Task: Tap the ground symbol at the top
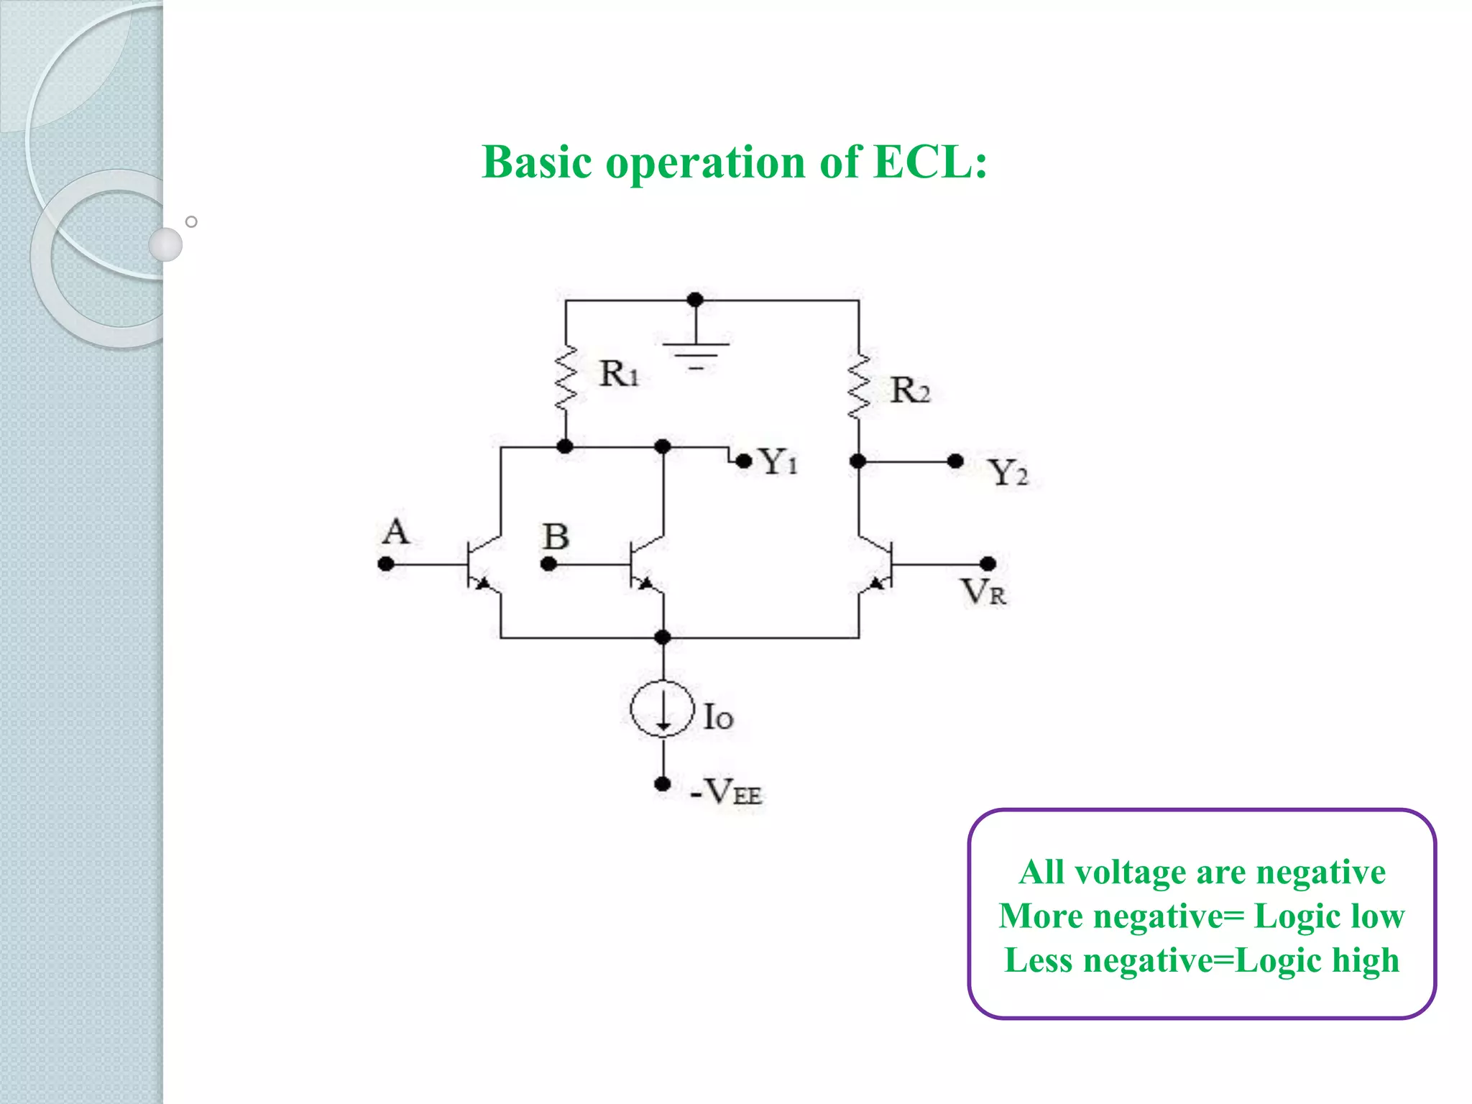(695, 352)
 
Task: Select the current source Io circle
(663, 709)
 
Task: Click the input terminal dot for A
(386, 564)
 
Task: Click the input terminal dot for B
(548, 564)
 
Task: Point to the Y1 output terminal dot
(744, 461)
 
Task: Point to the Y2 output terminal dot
(955, 461)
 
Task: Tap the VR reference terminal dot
(988, 563)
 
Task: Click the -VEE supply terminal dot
(663, 783)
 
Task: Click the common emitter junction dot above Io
(663, 637)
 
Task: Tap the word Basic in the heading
(536, 162)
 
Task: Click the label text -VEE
(726, 792)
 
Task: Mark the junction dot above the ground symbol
(695, 300)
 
